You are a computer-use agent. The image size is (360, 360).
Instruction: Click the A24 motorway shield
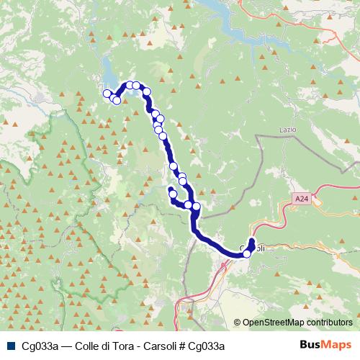coord(300,197)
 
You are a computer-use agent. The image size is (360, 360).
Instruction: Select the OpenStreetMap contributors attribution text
coord(297,323)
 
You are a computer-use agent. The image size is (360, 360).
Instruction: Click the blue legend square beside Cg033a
coord(9,346)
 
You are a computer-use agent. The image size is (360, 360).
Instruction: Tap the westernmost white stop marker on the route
coord(107,93)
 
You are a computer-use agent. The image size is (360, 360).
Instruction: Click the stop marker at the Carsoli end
coord(247,253)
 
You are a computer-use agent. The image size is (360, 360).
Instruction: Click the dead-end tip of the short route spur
coord(171,189)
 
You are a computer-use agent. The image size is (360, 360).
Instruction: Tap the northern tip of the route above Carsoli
coord(252,240)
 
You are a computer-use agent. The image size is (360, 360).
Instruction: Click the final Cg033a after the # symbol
coord(210,346)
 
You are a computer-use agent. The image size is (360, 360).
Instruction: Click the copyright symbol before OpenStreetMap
coord(237,323)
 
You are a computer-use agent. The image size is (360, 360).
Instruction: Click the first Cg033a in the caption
coord(40,346)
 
